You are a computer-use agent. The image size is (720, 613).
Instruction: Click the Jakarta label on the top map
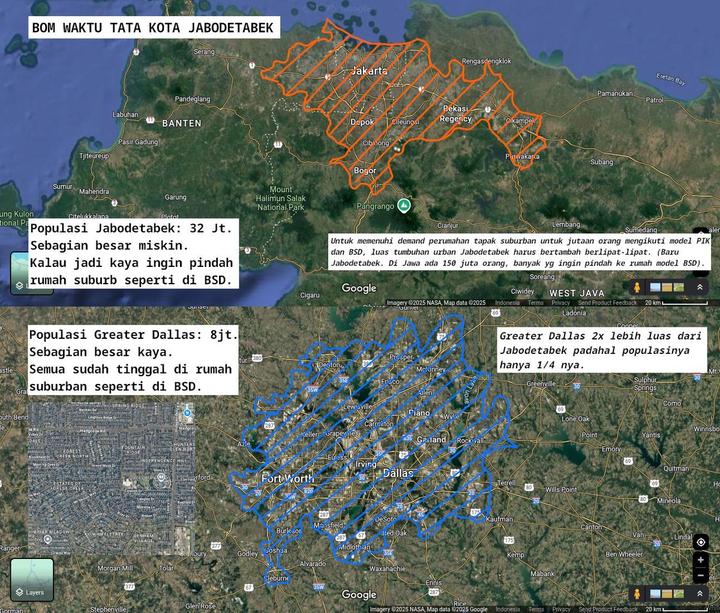[369, 71]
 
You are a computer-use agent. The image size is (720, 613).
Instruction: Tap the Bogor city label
[365, 171]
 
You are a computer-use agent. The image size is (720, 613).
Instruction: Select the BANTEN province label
[182, 123]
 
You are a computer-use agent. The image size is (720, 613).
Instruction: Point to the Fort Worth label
[287, 479]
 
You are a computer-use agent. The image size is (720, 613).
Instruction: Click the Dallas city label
[398, 473]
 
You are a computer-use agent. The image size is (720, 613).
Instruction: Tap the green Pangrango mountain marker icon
[405, 206]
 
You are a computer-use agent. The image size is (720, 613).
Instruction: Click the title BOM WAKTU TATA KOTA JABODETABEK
[153, 28]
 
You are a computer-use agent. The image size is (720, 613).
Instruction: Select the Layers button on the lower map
[32, 579]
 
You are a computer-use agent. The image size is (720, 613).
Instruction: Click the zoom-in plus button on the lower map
[700, 560]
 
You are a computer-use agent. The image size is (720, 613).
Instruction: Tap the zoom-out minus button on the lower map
[700, 575]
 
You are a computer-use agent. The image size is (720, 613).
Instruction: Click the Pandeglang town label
[193, 99]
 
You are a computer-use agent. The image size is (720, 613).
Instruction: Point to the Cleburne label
[277, 578]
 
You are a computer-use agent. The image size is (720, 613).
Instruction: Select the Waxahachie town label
[388, 569]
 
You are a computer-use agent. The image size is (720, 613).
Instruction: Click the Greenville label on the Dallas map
[541, 384]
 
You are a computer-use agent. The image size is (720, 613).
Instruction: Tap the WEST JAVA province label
[577, 293]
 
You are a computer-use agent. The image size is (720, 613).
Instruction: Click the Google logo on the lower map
[359, 594]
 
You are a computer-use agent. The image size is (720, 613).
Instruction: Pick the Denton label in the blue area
[329, 365]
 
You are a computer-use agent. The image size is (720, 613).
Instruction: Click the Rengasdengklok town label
[487, 61]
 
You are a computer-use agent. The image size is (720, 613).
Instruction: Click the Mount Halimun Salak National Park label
[281, 198]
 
